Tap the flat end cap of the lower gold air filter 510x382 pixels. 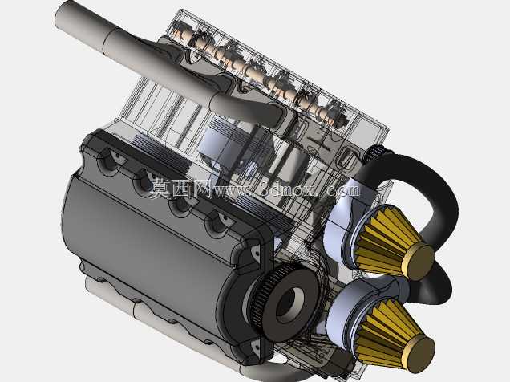point(419,355)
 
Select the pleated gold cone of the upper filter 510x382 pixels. point(384,242)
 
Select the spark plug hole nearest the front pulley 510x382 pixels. point(217,222)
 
